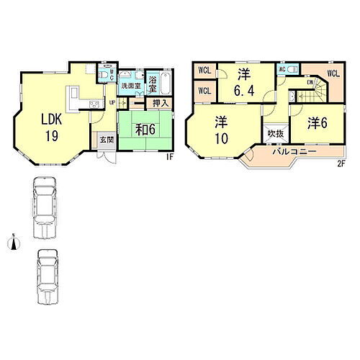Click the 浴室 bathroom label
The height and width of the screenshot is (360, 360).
point(153,83)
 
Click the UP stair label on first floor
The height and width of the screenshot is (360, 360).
point(112,102)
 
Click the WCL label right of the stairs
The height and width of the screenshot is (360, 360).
point(333,73)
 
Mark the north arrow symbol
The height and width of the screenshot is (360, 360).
point(12,245)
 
